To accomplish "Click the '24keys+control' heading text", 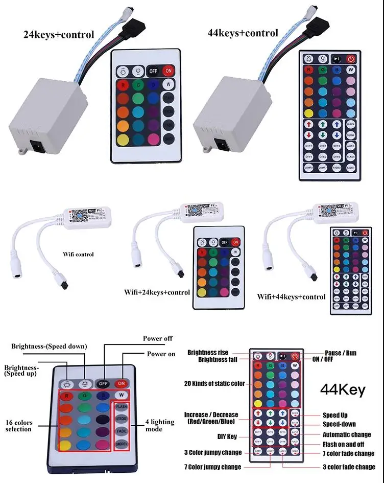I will click(59, 35).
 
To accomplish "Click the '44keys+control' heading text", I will click(243, 33).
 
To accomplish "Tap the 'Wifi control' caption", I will click(78, 254).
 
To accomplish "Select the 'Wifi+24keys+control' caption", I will click(157, 292).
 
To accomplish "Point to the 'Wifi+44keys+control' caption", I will click(291, 296).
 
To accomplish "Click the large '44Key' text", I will click(343, 390).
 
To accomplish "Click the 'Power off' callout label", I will click(158, 338).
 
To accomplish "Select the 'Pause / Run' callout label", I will click(341, 353).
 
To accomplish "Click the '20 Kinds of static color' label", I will click(214, 383).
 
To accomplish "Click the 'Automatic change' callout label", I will click(347, 434).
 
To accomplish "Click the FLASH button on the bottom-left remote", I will click(121, 407).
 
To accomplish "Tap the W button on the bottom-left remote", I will click(122, 395).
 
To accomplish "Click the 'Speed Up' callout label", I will click(335, 415).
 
